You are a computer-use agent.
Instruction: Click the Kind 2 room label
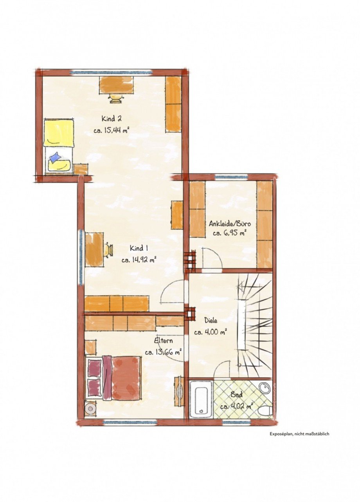point(112,118)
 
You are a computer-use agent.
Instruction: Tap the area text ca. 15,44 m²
point(112,130)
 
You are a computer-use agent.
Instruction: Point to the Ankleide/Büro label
point(230,224)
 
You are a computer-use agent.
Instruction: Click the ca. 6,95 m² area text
point(229,233)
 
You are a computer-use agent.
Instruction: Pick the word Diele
point(211,321)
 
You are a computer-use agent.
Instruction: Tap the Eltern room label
point(163,347)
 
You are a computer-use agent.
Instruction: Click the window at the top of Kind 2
point(112,72)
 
